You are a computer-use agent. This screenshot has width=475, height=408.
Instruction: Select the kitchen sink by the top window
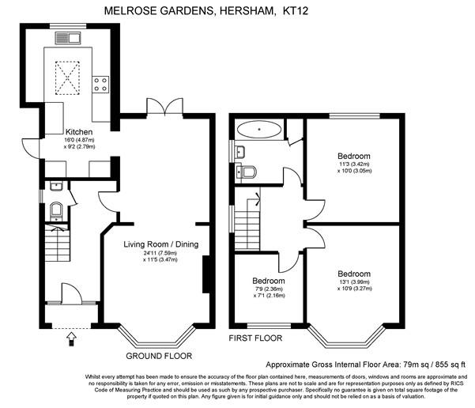[69, 36]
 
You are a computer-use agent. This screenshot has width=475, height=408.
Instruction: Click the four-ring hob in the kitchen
[100, 81]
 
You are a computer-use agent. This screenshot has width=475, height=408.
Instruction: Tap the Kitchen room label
[79, 131]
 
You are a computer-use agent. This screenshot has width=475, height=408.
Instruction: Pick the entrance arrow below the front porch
[72, 338]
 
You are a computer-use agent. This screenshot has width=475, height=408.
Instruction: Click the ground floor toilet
[55, 210]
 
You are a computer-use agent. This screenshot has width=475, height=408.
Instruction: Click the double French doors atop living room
[164, 107]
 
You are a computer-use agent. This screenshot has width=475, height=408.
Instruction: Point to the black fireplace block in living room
[207, 274]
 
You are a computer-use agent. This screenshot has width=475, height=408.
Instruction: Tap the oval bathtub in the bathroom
[258, 128]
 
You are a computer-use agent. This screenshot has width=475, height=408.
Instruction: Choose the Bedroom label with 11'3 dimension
[353, 156]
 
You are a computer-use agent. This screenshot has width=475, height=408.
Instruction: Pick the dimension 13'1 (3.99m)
[352, 281]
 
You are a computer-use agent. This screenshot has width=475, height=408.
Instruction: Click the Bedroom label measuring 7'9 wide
[269, 281]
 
